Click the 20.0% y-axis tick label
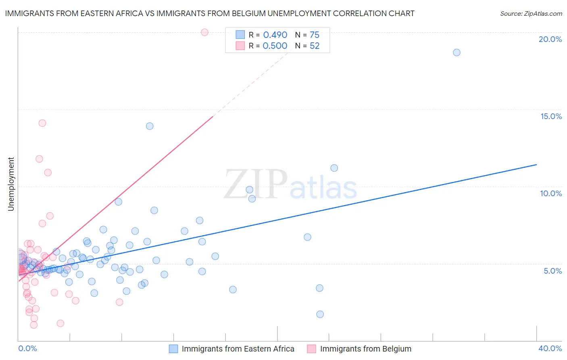[550, 40]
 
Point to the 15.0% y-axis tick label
[551, 117]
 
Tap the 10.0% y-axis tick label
[551, 194]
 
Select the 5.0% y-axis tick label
[552, 271]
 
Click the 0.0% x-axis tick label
[27, 348]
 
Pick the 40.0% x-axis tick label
[550, 348]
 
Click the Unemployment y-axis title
[11, 184]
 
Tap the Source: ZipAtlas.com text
[531, 14]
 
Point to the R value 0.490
[275, 35]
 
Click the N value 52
[315, 46]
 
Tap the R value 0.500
[275, 46]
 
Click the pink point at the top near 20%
[204, 32]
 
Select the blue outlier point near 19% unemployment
[457, 52]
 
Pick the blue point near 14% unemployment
[150, 126]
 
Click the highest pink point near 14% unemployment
[42, 123]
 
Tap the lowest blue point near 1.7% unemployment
[320, 314]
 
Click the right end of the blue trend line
[536, 165]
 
